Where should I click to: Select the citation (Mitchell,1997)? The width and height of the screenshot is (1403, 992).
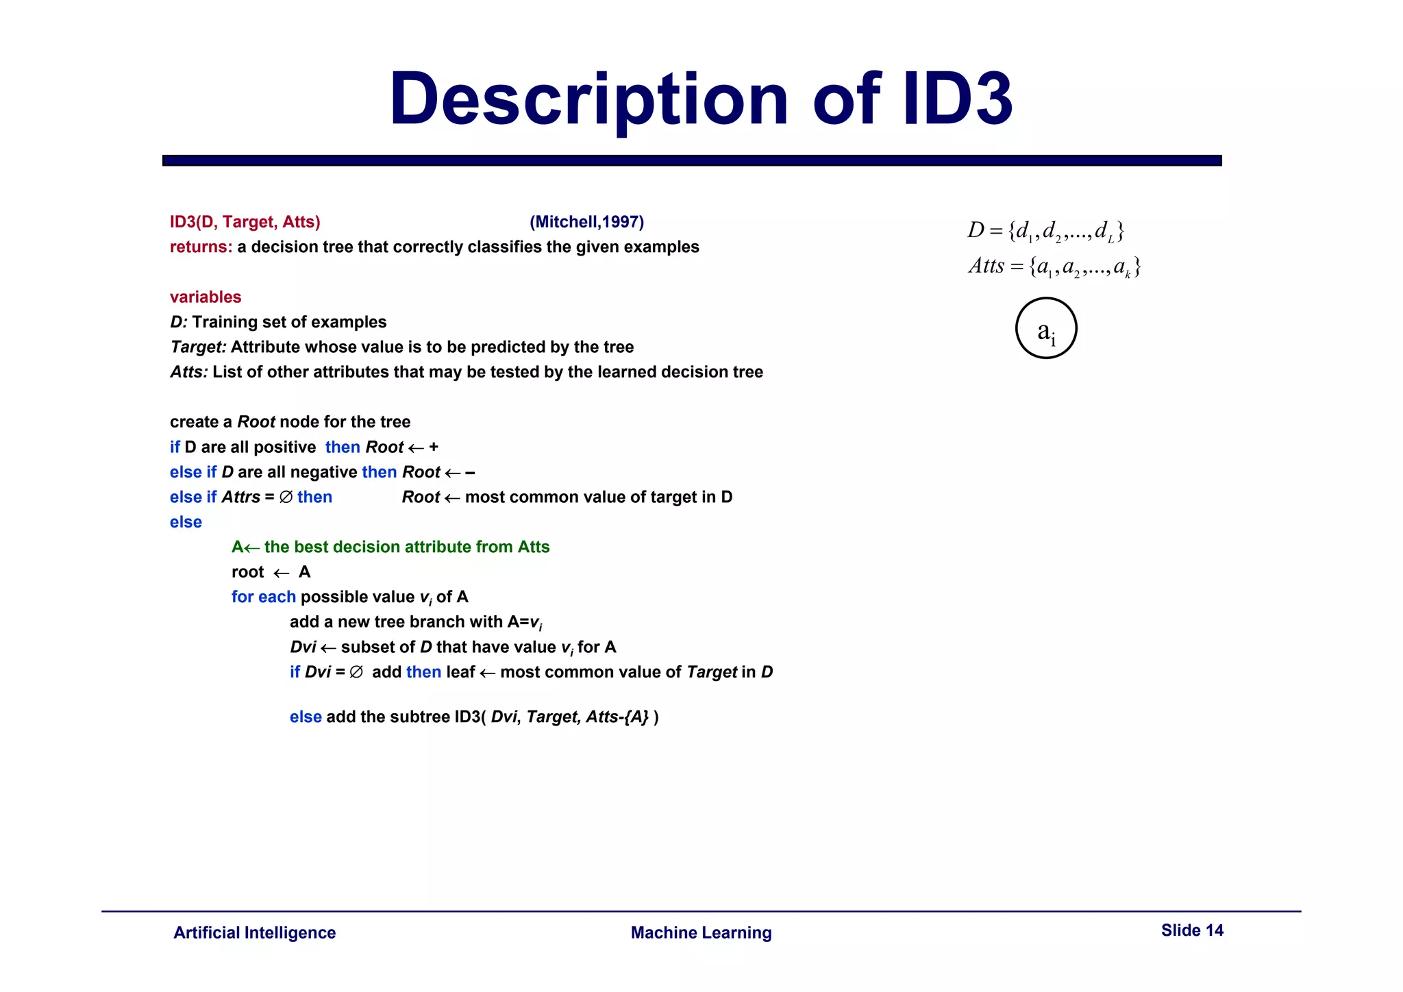(586, 222)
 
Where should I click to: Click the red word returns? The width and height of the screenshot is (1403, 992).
(201, 247)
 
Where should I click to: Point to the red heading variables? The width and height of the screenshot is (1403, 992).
(206, 297)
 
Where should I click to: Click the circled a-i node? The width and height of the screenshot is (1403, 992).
(1045, 328)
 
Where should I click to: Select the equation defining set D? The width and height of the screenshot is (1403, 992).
(1045, 231)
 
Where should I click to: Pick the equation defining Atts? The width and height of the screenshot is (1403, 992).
(1054, 266)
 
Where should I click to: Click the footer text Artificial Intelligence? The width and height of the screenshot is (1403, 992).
(254, 932)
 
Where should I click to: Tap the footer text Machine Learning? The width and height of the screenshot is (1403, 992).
(701, 932)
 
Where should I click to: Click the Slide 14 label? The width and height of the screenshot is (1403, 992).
(1191, 930)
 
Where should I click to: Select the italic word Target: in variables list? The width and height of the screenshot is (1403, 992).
(198, 347)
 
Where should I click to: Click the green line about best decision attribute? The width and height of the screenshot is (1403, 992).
(390, 547)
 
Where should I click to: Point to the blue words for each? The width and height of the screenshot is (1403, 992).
(263, 597)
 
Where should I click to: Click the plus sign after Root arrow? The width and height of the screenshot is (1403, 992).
(434, 447)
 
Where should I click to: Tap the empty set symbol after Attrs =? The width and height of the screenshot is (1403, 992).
(286, 497)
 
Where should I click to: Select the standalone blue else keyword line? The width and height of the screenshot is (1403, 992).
(186, 522)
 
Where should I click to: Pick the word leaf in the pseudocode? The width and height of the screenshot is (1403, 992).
(460, 672)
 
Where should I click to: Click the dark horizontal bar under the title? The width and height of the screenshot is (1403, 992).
(692, 160)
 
